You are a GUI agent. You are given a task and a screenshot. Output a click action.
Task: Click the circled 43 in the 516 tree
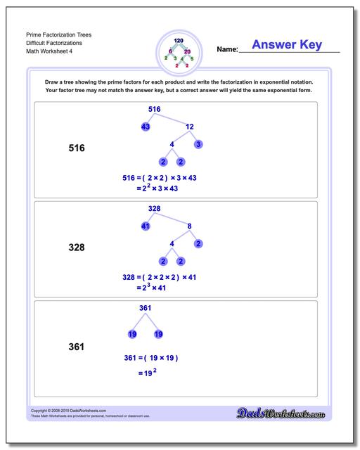pyautogui.click(x=146, y=127)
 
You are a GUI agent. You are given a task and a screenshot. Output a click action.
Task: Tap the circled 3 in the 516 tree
pyautogui.click(x=198, y=144)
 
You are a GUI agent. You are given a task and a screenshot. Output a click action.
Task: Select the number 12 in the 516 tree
pyautogui.click(x=189, y=127)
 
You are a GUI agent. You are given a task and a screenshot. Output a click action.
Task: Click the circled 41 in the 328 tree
pyautogui.click(x=146, y=226)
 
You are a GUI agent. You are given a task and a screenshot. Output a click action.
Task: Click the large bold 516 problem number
pyautogui.click(x=76, y=148)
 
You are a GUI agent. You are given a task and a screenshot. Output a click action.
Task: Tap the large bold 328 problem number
pyautogui.click(x=76, y=247)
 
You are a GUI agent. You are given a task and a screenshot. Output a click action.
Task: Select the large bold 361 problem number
pyautogui.click(x=76, y=347)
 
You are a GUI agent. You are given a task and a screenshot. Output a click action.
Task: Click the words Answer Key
pyautogui.click(x=286, y=45)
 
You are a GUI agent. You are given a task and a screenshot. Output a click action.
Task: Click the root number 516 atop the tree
pyautogui.click(x=155, y=109)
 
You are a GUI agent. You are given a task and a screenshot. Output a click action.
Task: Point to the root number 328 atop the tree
pyautogui.click(x=155, y=209)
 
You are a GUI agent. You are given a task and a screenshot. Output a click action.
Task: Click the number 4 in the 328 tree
pyautogui.click(x=172, y=244)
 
